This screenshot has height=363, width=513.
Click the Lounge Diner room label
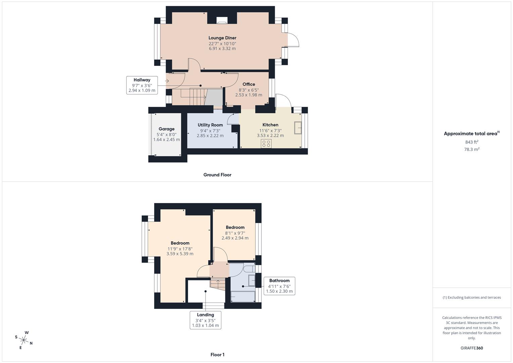pyautogui.click(x=222, y=38)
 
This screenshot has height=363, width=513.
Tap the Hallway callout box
pyautogui.click(x=142, y=85)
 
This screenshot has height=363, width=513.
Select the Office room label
pyautogui.click(x=249, y=84)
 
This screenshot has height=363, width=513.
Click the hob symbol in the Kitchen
pyautogui.click(x=266, y=144)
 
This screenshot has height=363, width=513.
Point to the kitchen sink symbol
pyautogui.click(x=298, y=128)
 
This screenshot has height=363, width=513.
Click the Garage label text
pyautogui.click(x=166, y=129)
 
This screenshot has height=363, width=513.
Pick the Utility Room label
pyautogui.click(x=210, y=125)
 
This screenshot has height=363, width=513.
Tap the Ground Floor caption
pyautogui.click(x=217, y=175)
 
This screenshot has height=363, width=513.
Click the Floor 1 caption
pyautogui.click(x=217, y=355)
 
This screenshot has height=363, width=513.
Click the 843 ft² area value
pyautogui.click(x=471, y=142)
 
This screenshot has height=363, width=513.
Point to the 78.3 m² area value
pyautogui.click(x=471, y=150)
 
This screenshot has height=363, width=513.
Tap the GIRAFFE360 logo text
pyautogui.click(x=471, y=348)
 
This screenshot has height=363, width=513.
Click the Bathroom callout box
pyautogui.click(x=279, y=286)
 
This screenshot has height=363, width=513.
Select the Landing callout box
pyautogui.click(x=205, y=320)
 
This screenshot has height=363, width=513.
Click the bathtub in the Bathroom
pyautogui.click(x=243, y=297)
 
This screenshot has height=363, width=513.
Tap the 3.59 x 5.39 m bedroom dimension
pyautogui.click(x=180, y=254)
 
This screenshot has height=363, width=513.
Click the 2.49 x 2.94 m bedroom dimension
pyautogui.click(x=235, y=238)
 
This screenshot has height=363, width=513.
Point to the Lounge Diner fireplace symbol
pyautogui.click(x=222, y=21)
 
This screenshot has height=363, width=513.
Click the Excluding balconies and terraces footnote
pyautogui.click(x=471, y=297)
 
